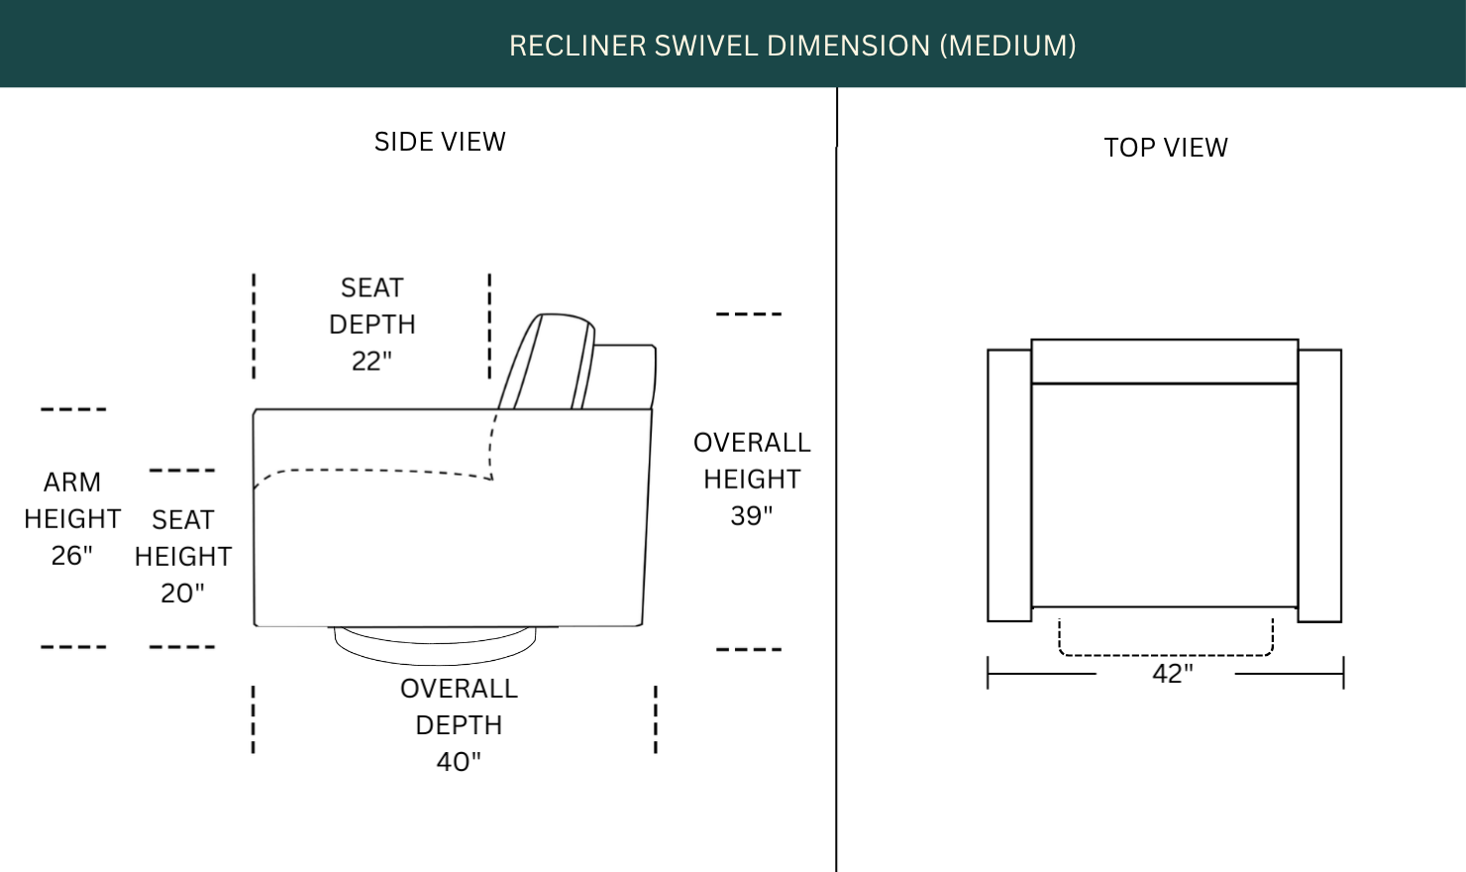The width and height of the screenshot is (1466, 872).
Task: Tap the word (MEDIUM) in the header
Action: click(1008, 46)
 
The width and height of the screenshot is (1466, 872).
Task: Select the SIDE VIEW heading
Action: click(440, 142)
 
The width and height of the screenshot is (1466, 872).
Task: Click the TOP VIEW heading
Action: click(1166, 148)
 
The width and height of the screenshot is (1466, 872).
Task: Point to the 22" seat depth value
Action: click(371, 361)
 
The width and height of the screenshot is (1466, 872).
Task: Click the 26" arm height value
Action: click(72, 555)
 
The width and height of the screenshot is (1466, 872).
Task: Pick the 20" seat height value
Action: click(182, 594)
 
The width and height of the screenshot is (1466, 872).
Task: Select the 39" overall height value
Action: click(752, 516)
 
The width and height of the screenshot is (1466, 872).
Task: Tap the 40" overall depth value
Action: click(459, 761)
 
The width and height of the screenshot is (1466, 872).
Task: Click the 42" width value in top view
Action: click(1173, 674)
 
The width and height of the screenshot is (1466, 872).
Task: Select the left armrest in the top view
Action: click(1009, 486)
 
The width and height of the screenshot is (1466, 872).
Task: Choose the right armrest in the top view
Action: click(1319, 486)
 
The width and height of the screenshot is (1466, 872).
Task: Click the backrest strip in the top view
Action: click(1165, 362)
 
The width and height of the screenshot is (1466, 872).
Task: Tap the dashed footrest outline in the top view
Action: click(1166, 655)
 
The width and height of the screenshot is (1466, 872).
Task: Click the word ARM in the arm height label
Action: click(72, 483)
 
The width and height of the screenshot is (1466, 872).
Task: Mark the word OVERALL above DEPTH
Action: click(459, 689)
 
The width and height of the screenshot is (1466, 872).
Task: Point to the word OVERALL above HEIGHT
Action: click(752, 443)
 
